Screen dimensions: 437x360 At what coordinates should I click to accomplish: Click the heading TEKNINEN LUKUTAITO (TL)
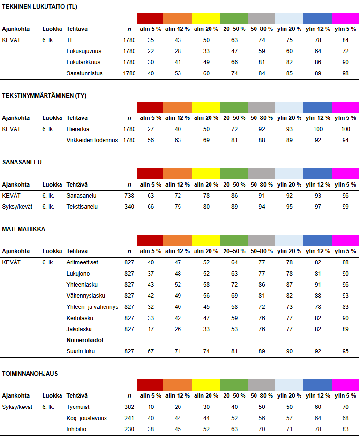pos(40,7)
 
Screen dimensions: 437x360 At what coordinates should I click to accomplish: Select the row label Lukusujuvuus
pos(84,51)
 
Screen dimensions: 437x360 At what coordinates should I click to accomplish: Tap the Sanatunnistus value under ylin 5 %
pos(345,73)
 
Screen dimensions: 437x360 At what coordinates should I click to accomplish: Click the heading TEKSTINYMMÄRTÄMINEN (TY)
pos(45,96)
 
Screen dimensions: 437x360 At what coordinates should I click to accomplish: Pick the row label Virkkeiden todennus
pos(92,140)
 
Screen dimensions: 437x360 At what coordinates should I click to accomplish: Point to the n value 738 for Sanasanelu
pos(129,196)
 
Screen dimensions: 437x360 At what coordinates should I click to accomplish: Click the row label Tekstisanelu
pos(82,207)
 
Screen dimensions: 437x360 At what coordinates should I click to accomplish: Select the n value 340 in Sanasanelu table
pos(129,207)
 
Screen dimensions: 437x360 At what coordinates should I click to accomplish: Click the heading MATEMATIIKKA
pos(24,229)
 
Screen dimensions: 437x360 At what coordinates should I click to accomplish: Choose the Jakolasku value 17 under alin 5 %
pos(151,329)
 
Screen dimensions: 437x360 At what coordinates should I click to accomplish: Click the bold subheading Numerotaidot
pos(85,340)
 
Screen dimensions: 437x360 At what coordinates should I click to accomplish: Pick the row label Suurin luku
pos(80,351)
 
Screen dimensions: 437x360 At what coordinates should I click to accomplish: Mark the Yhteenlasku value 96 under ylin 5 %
pos(345,285)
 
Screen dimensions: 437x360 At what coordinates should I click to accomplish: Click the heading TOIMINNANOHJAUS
pos(30,374)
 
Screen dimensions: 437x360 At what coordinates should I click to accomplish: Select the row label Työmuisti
pos(78,407)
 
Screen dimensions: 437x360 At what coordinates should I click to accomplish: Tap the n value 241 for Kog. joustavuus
pos(129,418)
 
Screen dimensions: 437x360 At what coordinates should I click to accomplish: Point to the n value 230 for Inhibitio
pos(129,429)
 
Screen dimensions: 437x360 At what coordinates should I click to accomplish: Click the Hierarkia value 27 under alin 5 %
pos(151,129)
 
